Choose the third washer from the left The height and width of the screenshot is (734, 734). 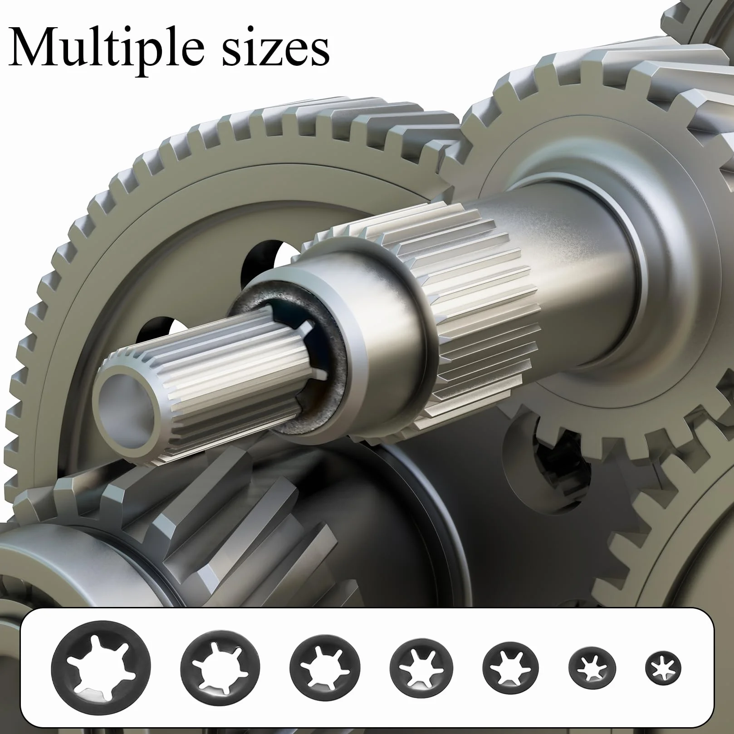pos(325,668)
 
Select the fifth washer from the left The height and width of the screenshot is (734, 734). pos(511,668)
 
